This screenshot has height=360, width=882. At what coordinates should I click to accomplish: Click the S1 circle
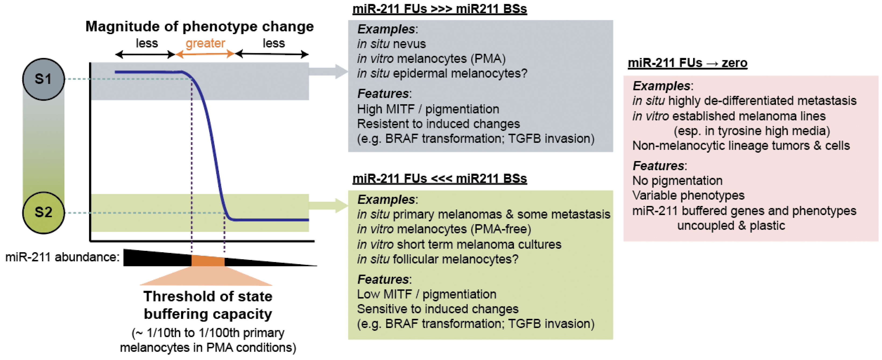[x=44, y=79]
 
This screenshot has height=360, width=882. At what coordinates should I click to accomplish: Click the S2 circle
[x=44, y=212]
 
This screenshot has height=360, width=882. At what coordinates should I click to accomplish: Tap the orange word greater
[x=205, y=44]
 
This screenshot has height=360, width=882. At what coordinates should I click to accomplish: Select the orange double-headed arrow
[x=205, y=54]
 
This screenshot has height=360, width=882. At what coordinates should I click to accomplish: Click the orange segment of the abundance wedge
[x=208, y=261]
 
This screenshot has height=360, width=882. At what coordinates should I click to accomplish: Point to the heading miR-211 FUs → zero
[x=687, y=63]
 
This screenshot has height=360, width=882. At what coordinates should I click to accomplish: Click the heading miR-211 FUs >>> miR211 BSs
[x=439, y=9]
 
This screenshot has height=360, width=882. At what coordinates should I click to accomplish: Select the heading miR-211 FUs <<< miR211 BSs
[x=439, y=178]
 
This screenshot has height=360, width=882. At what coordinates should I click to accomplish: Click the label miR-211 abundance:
[x=62, y=257]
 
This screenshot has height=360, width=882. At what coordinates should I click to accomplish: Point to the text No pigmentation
[x=677, y=181]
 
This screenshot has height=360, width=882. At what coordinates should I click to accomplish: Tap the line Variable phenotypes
[x=688, y=195]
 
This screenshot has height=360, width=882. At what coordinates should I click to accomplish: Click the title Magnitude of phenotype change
[x=199, y=26]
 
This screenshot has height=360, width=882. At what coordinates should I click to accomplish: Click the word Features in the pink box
[x=658, y=166]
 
